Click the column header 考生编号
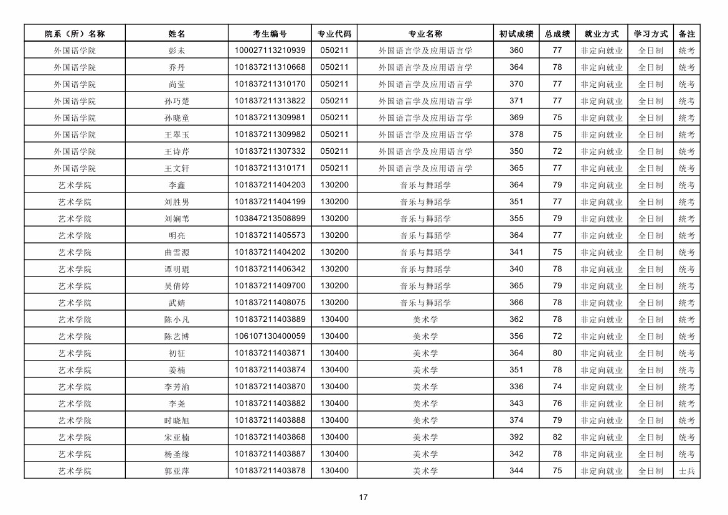pyautogui.click(x=270, y=34)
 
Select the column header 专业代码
pyautogui.click(x=334, y=34)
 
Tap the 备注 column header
pyautogui.click(x=687, y=34)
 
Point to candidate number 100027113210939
pyautogui.click(x=270, y=50)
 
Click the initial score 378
pyautogui.click(x=516, y=135)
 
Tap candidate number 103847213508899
pyautogui.click(x=270, y=219)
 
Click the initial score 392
pyautogui.click(x=516, y=437)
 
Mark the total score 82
pyautogui.click(x=557, y=437)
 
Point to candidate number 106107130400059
pyautogui.click(x=270, y=336)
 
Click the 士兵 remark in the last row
pyautogui.click(x=687, y=471)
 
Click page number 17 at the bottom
pyautogui.click(x=364, y=498)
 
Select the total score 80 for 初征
pyautogui.click(x=557, y=353)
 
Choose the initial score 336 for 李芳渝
pyautogui.click(x=516, y=387)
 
